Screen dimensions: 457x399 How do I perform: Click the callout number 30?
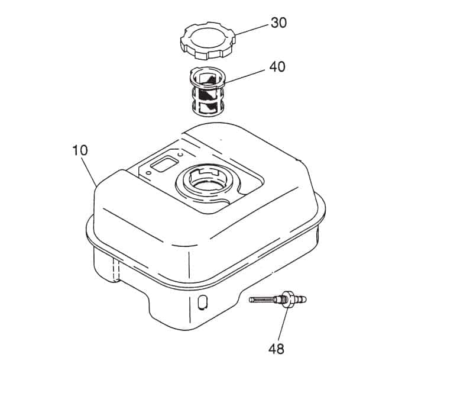tap(278, 22)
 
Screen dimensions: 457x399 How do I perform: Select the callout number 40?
tap(277, 67)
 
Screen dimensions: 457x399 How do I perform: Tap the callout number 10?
tap(80, 150)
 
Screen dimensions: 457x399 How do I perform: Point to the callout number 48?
tap(276, 349)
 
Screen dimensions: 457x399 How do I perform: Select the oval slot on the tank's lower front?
tap(202, 302)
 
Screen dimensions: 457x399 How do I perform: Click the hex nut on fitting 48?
tap(289, 299)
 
